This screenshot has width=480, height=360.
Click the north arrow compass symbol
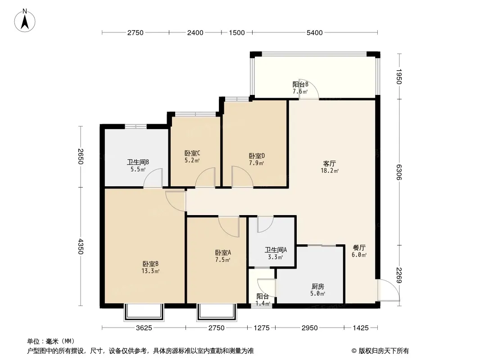25,20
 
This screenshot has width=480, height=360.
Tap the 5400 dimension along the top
315,32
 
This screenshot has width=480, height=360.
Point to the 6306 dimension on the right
398,172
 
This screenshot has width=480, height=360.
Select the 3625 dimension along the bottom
144,328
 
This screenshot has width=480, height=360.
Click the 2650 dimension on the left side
81,156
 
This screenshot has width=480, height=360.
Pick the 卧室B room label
150,264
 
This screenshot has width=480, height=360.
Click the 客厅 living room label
330,163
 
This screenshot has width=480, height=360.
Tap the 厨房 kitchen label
318,287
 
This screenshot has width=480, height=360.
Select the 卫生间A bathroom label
276,250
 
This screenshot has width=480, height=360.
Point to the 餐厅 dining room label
359,247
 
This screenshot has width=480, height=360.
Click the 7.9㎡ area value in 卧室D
257,163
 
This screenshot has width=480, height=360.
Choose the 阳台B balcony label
300,84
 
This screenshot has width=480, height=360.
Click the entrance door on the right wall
389,290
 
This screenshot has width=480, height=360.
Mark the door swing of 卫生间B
153,177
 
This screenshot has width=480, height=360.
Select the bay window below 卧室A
217,312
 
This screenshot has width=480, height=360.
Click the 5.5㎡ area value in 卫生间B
138,169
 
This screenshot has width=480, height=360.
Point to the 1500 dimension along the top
237,32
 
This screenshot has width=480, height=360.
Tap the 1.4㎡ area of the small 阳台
263,303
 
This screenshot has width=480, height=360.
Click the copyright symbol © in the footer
354,351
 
